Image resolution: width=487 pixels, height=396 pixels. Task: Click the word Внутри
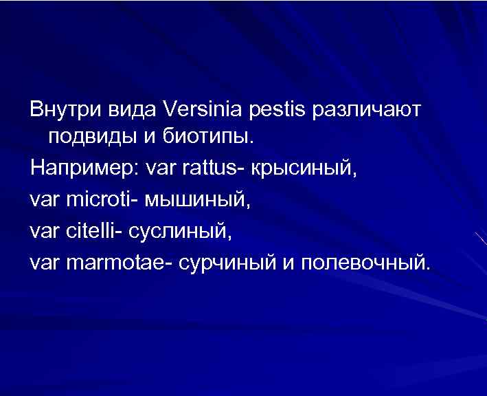67,110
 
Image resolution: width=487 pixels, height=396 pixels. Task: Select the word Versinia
199,110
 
